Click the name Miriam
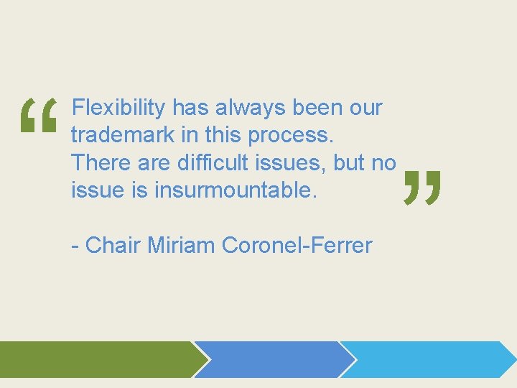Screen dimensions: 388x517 182,246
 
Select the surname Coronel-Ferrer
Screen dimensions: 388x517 297,246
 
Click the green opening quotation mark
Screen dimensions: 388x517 39,117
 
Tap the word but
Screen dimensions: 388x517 349,163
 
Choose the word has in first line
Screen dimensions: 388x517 190,108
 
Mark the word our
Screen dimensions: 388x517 365,108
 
